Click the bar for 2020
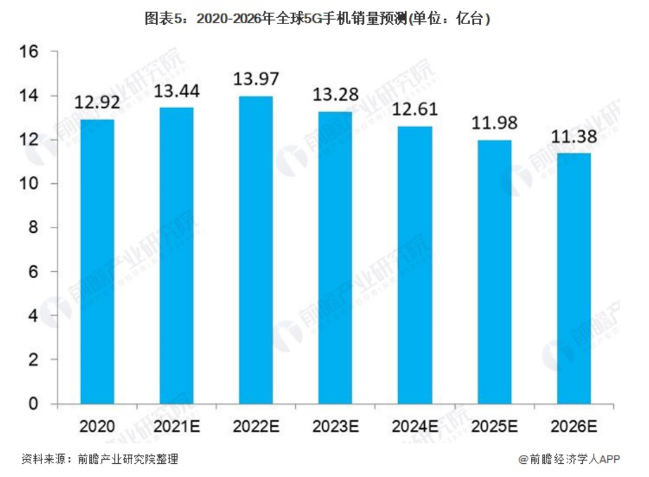pyautogui.click(x=97, y=262)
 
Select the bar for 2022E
pyautogui.click(x=256, y=250)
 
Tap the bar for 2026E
pyautogui.click(x=573, y=278)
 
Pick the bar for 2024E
pyautogui.click(x=415, y=265)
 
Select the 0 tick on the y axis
pyautogui.click(x=33, y=404)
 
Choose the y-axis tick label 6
pyautogui.click(x=33, y=272)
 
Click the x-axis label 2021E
pyautogui.click(x=177, y=427)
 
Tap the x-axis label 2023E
pyautogui.click(x=335, y=427)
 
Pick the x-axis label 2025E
pyautogui.click(x=494, y=427)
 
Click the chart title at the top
pyautogui.click(x=318, y=18)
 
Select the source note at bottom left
pyautogui.click(x=99, y=459)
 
